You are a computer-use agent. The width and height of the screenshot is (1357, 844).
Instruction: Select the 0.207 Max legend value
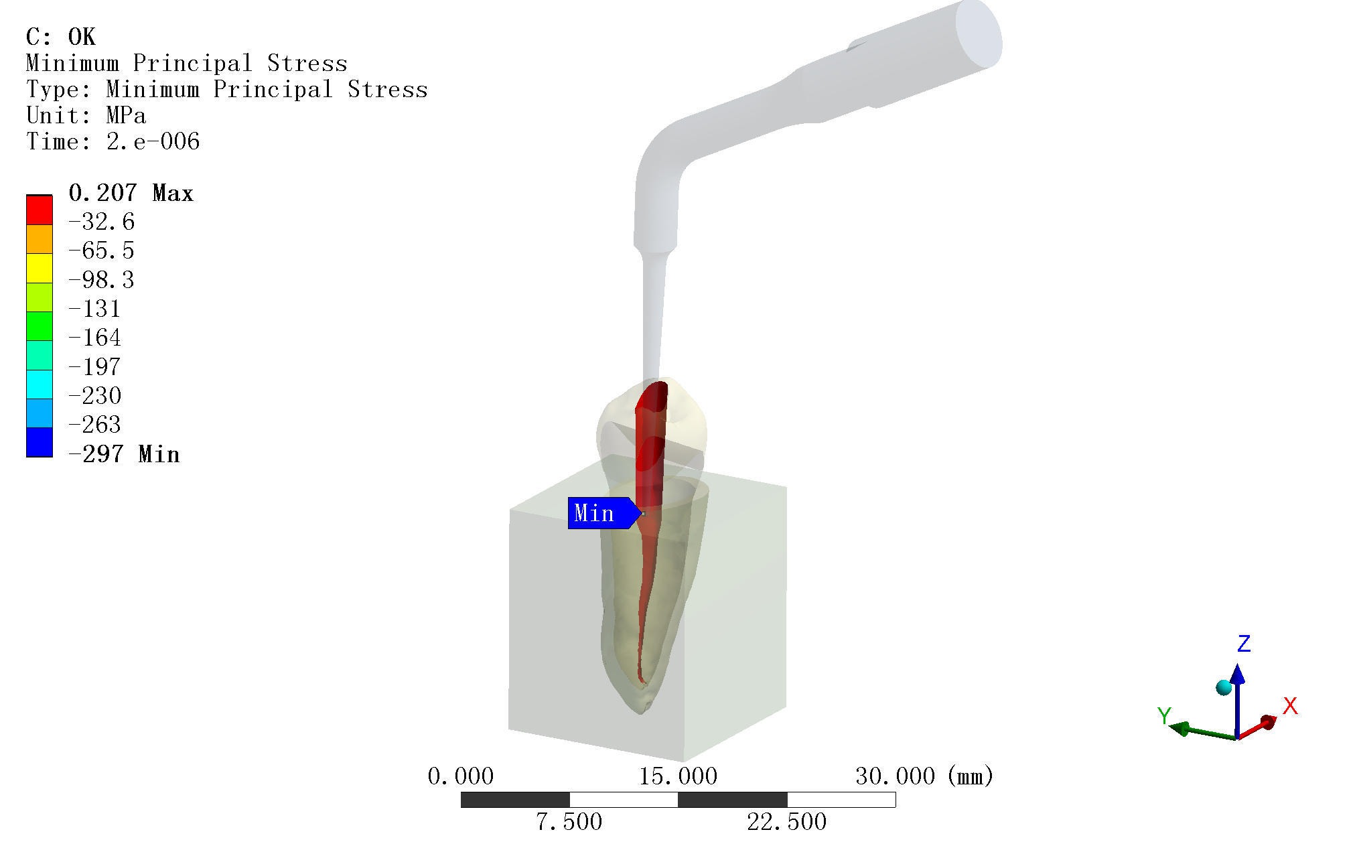click(x=131, y=193)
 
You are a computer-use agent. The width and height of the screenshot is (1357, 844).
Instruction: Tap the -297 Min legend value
click(x=125, y=454)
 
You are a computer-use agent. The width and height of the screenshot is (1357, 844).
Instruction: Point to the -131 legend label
click(x=95, y=309)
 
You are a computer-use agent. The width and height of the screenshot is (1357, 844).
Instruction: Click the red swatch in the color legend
click(x=40, y=210)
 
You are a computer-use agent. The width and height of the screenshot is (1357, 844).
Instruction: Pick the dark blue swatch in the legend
click(x=40, y=442)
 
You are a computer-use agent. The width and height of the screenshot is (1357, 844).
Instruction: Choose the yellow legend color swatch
click(x=40, y=268)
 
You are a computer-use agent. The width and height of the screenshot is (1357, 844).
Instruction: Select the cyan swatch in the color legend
click(x=40, y=384)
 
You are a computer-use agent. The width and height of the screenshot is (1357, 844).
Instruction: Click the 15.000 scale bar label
click(x=678, y=776)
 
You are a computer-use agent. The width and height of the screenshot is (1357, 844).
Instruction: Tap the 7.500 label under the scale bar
click(x=569, y=821)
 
